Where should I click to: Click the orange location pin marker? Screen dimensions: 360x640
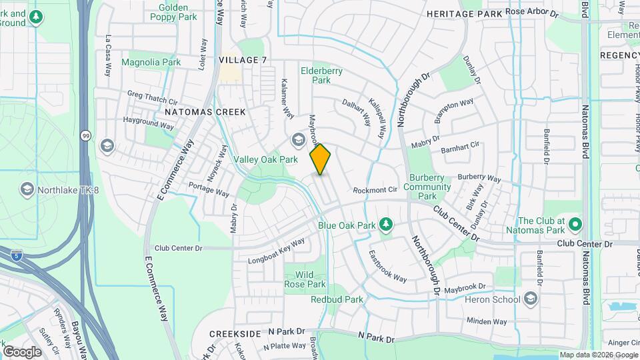(x=321, y=159)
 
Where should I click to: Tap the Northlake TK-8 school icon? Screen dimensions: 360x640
(x=27, y=190)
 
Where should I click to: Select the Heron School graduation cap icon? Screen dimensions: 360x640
(x=531, y=297)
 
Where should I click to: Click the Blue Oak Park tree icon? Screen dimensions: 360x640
(x=385, y=224)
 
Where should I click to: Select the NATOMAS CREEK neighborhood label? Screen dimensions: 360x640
(x=205, y=112)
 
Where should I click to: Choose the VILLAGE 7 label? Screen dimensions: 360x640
(x=243, y=60)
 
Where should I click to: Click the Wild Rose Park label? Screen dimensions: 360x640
(x=305, y=279)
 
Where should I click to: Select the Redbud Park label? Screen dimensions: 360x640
(x=337, y=299)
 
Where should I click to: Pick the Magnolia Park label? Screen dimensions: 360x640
(x=151, y=62)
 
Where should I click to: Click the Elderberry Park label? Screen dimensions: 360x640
(x=315, y=75)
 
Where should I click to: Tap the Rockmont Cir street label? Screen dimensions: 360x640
(x=375, y=190)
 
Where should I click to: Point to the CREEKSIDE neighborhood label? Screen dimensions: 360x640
(x=235, y=333)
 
